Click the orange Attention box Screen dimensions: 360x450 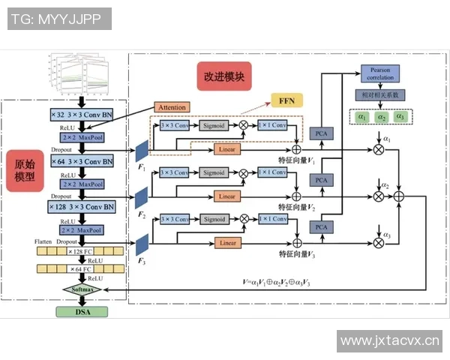pyautogui.click(x=172, y=107)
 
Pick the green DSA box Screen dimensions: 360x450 pyautogui.click(x=82, y=311)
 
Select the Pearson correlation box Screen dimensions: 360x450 pyautogui.click(x=381, y=73)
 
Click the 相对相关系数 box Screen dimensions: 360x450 pyautogui.click(x=381, y=95)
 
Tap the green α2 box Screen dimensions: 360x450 pyautogui.click(x=381, y=117)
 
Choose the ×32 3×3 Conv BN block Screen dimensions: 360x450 pyautogui.click(x=82, y=115)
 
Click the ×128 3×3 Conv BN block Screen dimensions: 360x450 pyautogui.click(x=82, y=206)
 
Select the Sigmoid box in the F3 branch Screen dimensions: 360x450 pyautogui.click(x=215, y=219)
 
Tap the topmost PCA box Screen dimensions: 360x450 pyautogui.click(x=322, y=133)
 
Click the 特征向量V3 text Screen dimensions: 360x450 pyautogui.click(x=297, y=256)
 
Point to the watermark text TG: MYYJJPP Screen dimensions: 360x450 pyautogui.click(x=58, y=19)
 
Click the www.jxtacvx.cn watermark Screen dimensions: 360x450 pyautogui.click(x=389, y=341)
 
